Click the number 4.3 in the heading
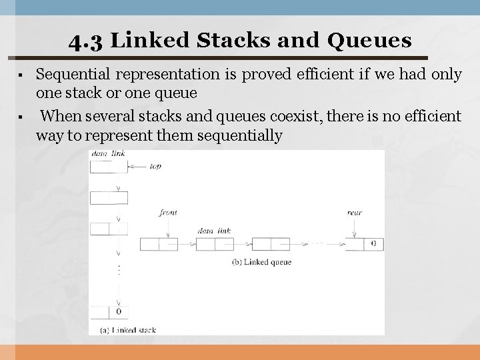[86, 41]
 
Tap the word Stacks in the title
[228, 41]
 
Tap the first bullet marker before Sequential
[23, 75]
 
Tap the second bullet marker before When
[23, 117]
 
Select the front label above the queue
[169, 213]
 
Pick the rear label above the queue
[354, 213]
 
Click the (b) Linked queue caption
[261, 262]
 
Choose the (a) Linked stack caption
[127, 329]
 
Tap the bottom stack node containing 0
[108, 311]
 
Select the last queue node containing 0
[364, 244]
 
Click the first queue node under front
[159, 244]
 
